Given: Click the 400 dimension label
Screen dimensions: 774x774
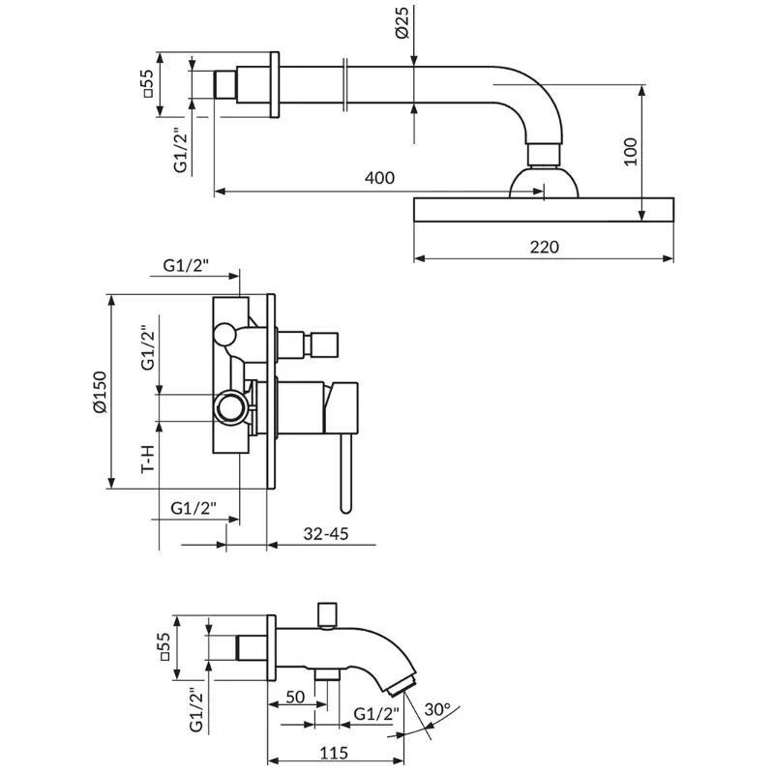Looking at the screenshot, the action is click(379, 178).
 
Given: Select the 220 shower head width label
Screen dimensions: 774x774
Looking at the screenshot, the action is click(544, 247).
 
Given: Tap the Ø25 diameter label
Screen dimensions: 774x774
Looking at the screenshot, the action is click(402, 22).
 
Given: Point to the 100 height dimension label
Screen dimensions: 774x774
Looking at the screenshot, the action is click(631, 152).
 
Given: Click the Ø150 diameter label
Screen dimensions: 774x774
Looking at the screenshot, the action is click(100, 393).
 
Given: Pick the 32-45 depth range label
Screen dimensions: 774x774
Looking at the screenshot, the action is click(326, 534).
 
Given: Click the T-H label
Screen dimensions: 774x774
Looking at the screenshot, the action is click(148, 459).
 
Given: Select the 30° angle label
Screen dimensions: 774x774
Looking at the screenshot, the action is click(437, 709).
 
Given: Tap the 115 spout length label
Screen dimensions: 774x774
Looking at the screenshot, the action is click(334, 753).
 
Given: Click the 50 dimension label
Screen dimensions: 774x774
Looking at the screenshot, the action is click(295, 697).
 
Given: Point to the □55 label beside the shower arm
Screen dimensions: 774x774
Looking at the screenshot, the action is click(148, 83).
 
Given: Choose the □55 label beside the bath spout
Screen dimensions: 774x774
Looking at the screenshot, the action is click(164, 646).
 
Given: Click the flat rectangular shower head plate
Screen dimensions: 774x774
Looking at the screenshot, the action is click(544, 210).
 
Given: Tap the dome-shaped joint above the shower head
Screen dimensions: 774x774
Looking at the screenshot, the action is click(544, 182).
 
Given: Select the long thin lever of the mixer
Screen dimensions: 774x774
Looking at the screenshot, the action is click(346, 473).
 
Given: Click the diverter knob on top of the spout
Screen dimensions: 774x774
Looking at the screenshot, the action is click(328, 615).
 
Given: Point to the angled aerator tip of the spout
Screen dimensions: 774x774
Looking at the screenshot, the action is click(402, 685).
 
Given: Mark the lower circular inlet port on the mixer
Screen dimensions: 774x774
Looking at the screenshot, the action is click(230, 407).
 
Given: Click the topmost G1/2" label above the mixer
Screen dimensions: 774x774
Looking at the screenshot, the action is click(186, 265).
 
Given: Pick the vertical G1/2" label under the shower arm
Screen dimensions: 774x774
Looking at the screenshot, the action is click(181, 150).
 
